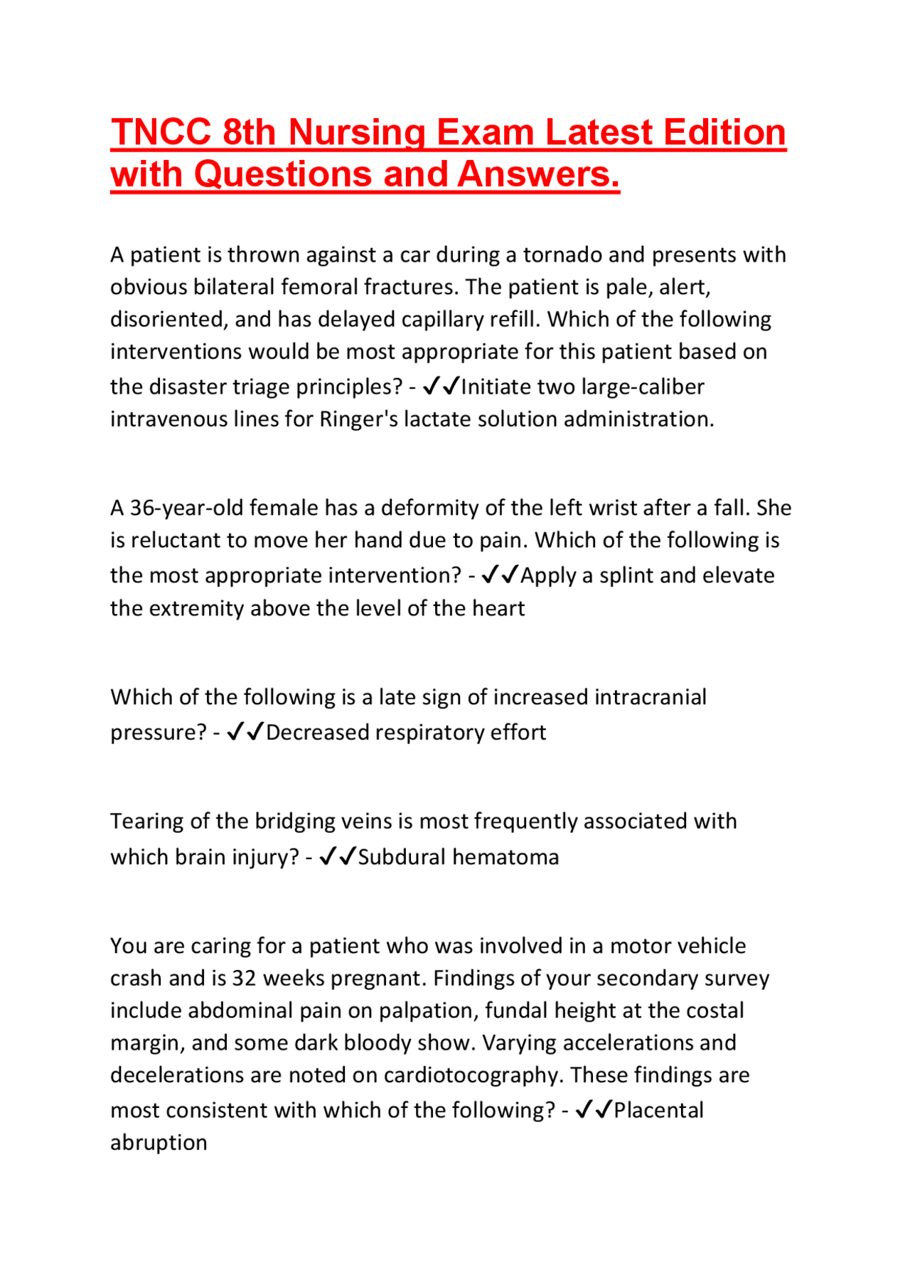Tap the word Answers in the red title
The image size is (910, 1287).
click(x=538, y=175)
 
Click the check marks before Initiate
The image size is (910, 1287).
click(x=441, y=386)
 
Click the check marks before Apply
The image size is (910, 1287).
click(x=500, y=575)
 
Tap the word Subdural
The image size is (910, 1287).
click(x=402, y=857)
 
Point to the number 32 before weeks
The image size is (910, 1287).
click(x=244, y=979)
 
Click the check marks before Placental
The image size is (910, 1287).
click(x=594, y=1110)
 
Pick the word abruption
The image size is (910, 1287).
click(x=159, y=1143)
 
